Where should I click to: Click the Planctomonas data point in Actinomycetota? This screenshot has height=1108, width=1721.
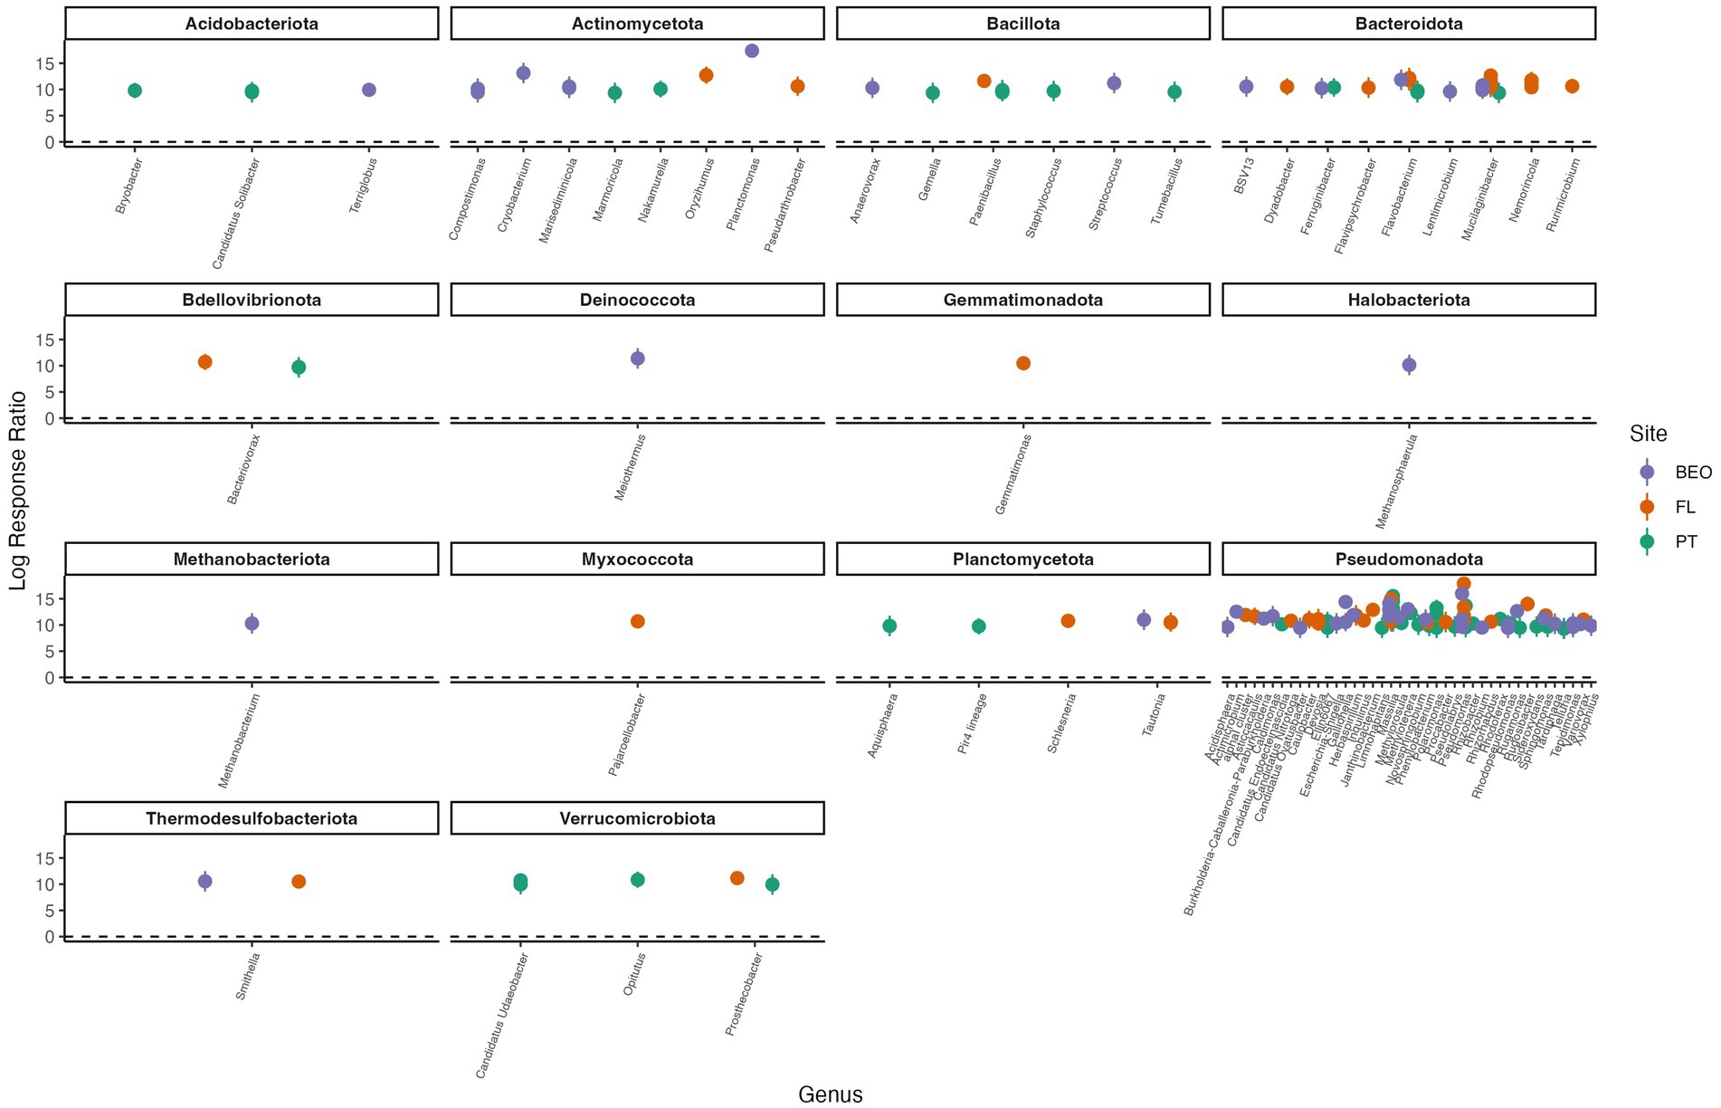[751, 51]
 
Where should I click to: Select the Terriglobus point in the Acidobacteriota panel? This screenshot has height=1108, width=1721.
[369, 90]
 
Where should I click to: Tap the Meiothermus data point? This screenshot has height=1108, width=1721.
[637, 358]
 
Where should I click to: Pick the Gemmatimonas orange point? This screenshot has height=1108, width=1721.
[1023, 363]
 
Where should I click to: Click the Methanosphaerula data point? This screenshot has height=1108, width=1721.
[1409, 365]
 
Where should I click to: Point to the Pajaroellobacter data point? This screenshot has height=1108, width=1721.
[637, 621]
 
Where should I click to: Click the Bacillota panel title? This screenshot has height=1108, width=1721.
[1022, 24]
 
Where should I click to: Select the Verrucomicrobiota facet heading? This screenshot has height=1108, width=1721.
[637, 818]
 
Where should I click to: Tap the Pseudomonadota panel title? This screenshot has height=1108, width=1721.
[1409, 559]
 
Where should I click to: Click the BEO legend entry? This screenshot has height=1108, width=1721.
[1693, 472]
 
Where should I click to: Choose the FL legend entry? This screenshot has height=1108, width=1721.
[1684, 507]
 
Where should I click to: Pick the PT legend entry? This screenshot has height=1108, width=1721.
[1685, 542]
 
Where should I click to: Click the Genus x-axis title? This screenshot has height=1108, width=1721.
[830, 1094]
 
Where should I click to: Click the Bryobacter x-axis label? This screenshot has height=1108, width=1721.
[129, 186]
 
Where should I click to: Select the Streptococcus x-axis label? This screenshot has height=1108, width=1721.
[1106, 194]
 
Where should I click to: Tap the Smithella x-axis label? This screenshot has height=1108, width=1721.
[248, 975]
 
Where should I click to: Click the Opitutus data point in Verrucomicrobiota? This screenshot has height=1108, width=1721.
[637, 879]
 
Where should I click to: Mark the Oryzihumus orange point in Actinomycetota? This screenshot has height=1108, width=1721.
[706, 75]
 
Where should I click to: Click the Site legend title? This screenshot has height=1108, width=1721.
[1648, 434]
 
